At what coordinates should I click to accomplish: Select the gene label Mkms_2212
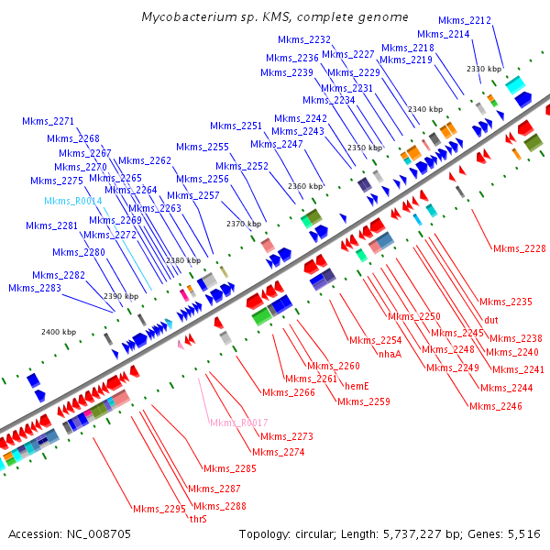[x=464, y=20]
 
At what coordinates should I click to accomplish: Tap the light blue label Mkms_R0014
[x=73, y=201]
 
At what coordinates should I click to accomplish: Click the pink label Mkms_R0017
[x=238, y=423]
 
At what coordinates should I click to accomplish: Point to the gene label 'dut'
[x=491, y=320]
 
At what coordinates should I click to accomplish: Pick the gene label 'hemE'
[x=357, y=386]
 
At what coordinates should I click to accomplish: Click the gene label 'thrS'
[x=198, y=519]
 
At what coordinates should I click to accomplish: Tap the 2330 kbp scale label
[x=484, y=69]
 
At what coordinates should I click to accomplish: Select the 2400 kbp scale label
[x=59, y=332]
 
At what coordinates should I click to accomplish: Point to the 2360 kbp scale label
[x=305, y=186]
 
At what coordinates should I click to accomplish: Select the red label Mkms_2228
[x=519, y=248]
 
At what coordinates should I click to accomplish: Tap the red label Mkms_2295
[x=159, y=509]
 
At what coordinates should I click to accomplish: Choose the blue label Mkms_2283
[x=35, y=288]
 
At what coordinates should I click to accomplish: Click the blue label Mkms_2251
[x=236, y=126]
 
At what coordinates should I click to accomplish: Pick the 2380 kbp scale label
[x=181, y=260]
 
